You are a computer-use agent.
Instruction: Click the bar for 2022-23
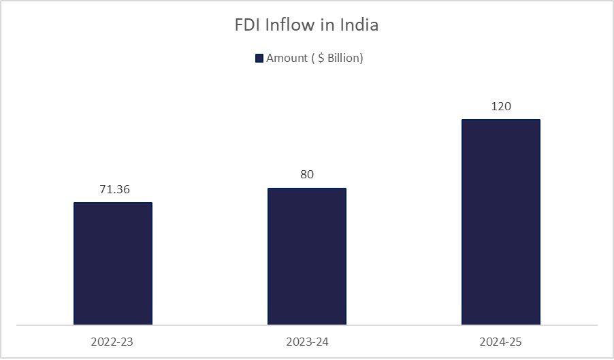113,263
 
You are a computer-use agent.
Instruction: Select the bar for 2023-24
307,257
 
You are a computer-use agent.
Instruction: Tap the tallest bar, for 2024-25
500,223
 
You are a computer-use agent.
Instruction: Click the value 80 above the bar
307,175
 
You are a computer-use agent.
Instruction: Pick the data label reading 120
500,106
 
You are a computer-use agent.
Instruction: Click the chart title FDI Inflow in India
306,26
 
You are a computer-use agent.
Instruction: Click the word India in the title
359,26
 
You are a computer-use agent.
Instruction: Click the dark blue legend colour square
259,59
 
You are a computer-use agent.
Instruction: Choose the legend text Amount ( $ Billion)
314,59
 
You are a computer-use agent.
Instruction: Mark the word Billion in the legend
344,59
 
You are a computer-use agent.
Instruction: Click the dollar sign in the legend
319,59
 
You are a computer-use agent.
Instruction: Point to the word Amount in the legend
287,59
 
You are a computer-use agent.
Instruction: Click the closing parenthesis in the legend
361,59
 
